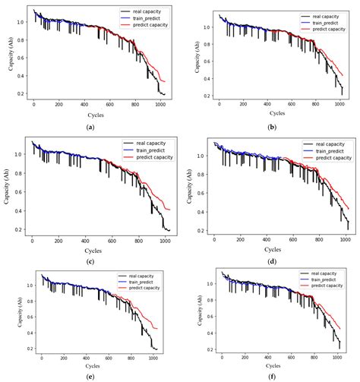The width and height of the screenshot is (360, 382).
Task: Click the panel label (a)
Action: tap(91, 126)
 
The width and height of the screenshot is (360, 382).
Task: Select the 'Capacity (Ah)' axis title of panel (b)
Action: tap(193, 57)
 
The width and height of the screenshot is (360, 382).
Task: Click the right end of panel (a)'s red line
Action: tap(165, 81)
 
